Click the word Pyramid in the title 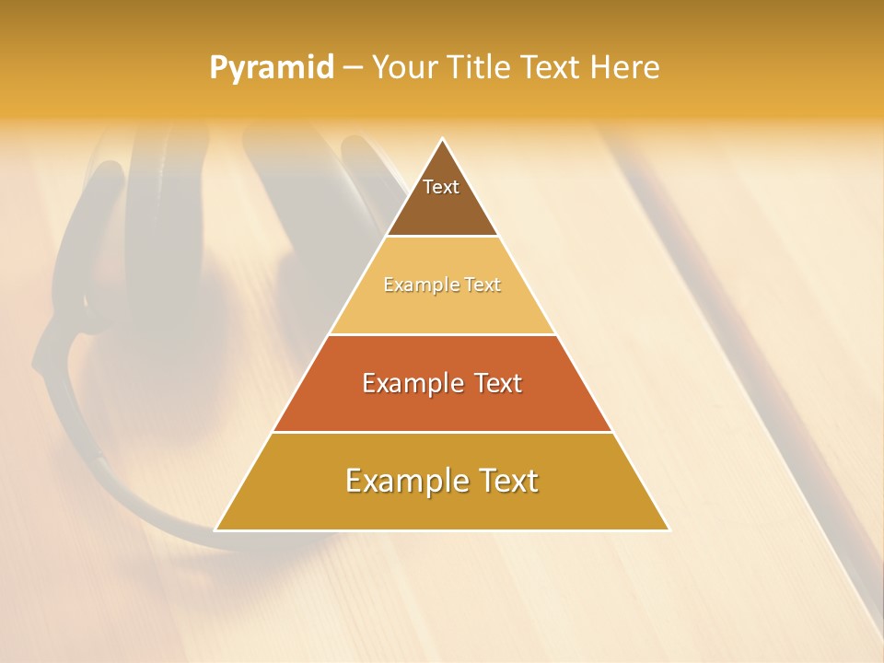tap(272, 68)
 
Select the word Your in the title tap(403, 67)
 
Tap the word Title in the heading tap(479, 67)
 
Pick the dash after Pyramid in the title tap(353, 68)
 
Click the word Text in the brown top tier tap(441, 187)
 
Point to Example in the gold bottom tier tap(401, 481)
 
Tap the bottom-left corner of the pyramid tap(216, 529)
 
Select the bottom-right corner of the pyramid tap(669, 529)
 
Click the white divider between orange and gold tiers tap(443, 432)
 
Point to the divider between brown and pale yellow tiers tap(443, 237)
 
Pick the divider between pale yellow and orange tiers tap(443, 334)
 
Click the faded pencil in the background tap(737, 368)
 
